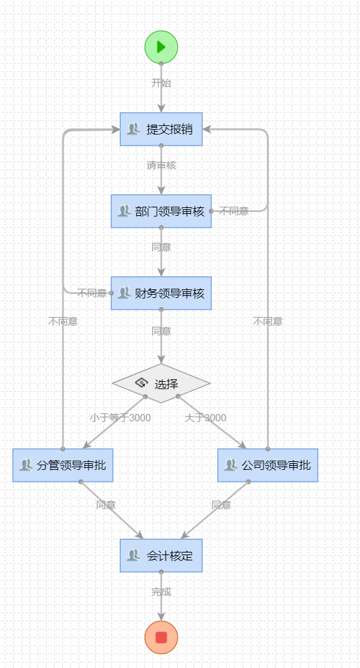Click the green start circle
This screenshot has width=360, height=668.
161,47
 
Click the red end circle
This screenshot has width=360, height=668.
161,637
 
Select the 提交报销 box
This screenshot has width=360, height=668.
161,129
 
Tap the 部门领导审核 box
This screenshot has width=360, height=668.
161,211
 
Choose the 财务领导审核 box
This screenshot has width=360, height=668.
161,293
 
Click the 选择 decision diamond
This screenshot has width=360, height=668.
161,383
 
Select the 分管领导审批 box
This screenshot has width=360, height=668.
63,465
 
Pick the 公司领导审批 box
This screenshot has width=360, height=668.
268,465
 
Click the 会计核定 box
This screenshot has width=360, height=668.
161,556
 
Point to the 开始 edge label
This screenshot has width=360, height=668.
161,83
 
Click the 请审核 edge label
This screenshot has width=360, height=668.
161,165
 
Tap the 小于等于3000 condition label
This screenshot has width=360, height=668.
120,418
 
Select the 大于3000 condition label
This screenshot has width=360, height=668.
205,418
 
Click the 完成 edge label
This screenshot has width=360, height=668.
161,592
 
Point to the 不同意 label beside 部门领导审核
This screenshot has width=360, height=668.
234,211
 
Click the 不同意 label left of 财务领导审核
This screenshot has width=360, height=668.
92,293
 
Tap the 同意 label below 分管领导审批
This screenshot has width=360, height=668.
106,505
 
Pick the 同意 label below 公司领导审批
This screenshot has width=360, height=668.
221,505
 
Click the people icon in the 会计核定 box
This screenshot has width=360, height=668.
133,556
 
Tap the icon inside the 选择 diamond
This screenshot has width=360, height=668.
141,383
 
